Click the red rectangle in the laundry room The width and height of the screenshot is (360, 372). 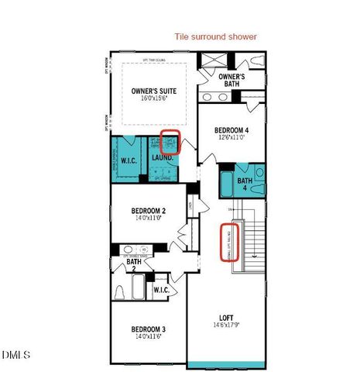click(170, 142)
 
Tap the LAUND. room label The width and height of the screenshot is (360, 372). click(162, 157)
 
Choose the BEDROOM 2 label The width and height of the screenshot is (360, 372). click(149, 211)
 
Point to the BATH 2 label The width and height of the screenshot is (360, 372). click(134, 266)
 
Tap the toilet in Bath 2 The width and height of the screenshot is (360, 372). click(120, 292)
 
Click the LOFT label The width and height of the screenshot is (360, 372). click(226, 317)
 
